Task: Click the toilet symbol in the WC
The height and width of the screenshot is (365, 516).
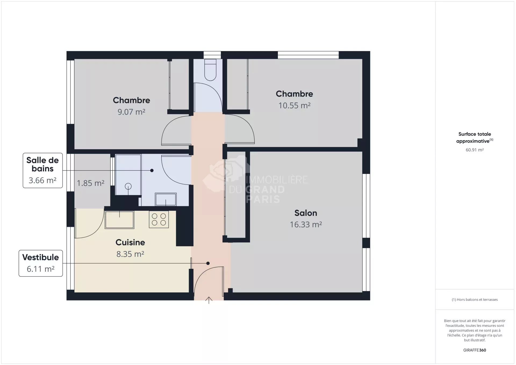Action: (x=210, y=70)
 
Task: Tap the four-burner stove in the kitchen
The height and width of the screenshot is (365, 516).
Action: (x=159, y=220)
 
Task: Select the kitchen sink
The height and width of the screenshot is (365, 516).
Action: (x=119, y=220)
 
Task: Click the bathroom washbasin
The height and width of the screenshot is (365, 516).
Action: (x=166, y=199)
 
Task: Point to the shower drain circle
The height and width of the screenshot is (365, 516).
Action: (x=128, y=186)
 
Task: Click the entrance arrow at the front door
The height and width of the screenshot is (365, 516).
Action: (x=209, y=300)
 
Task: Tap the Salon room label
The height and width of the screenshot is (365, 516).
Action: (x=306, y=213)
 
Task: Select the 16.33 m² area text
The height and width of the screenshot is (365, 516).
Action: (x=306, y=224)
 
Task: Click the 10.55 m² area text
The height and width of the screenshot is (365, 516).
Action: (x=294, y=105)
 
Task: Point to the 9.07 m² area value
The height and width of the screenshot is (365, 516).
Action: (x=131, y=112)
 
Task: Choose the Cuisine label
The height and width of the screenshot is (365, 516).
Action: (x=130, y=242)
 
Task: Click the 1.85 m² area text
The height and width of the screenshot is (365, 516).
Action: (x=91, y=183)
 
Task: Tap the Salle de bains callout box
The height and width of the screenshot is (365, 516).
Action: (x=43, y=170)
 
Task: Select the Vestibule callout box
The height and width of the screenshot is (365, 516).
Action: (x=41, y=263)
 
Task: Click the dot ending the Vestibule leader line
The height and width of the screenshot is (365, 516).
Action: (x=208, y=263)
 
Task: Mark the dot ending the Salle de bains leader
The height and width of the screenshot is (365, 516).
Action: (x=152, y=170)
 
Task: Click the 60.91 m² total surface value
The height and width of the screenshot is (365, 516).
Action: (x=475, y=150)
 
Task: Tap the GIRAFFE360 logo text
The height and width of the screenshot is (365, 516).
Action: (x=475, y=350)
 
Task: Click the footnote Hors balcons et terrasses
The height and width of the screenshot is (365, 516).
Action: (x=475, y=300)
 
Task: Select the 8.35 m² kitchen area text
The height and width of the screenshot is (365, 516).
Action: (x=130, y=254)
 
